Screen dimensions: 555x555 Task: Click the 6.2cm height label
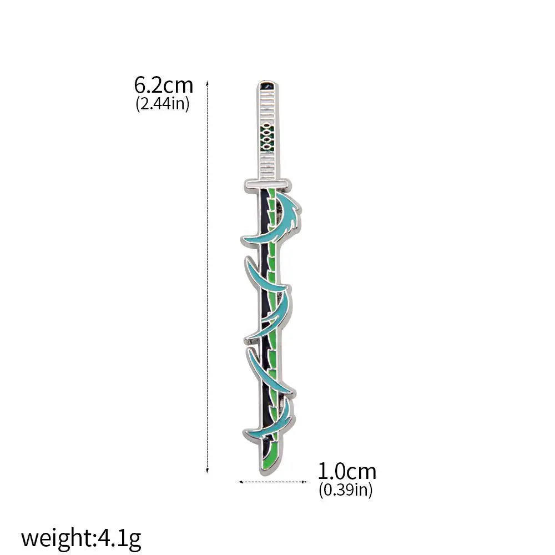pyautogui.click(x=164, y=85)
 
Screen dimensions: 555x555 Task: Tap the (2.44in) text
pyautogui.click(x=163, y=104)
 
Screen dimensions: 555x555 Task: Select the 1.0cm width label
pyautogui.click(x=347, y=471)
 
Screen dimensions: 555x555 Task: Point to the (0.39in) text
pyautogui.click(x=346, y=490)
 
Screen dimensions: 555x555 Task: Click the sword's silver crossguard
pyautogui.click(x=268, y=184)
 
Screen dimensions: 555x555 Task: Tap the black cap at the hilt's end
pyautogui.click(x=268, y=85)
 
